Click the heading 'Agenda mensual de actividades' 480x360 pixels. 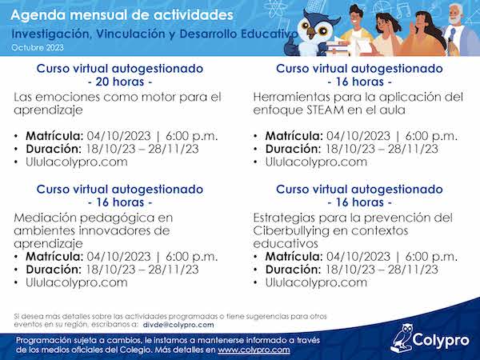122,15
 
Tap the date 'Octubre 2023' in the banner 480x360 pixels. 38,48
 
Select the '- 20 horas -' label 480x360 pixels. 120,82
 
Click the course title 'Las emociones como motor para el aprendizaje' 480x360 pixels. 118,103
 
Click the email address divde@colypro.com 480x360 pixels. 178,325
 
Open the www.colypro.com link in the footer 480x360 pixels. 254,350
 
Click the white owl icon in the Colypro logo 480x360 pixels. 401,338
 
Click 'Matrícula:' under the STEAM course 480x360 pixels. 294,136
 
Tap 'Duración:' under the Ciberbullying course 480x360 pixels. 293,270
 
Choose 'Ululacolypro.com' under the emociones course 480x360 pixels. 77,162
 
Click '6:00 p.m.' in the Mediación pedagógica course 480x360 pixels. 192,257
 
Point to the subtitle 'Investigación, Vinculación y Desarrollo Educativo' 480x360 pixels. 154,34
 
